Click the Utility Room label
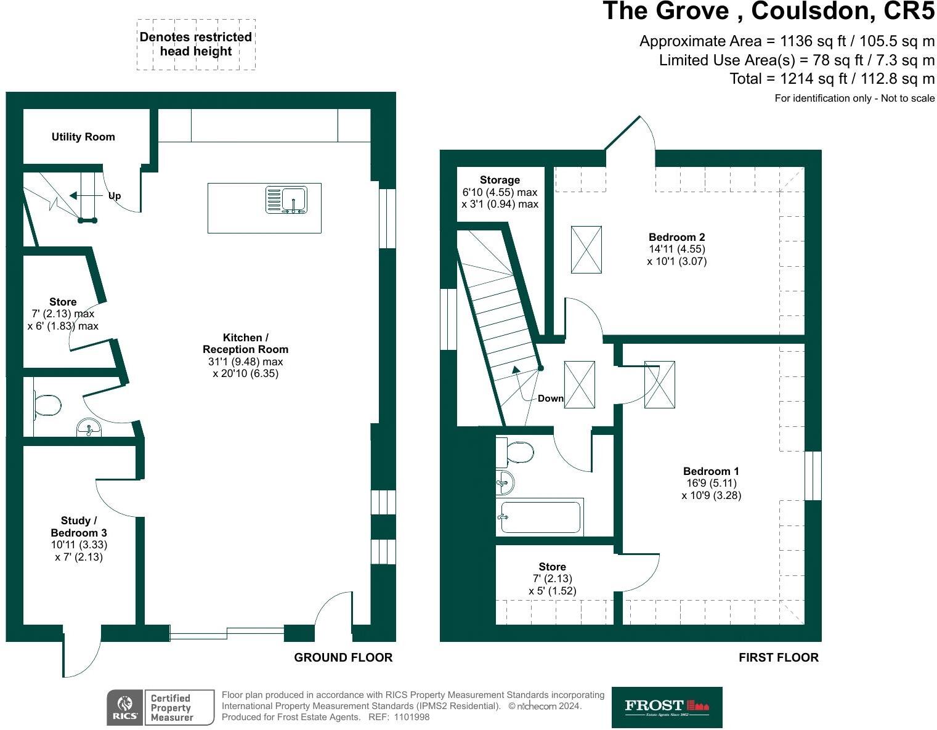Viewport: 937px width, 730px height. click(83, 137)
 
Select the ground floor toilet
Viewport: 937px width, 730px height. click(47, 405)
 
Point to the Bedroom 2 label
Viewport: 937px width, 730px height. click(676, 237)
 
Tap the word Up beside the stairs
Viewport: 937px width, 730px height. click(115, 196)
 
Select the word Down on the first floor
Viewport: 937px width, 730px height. click(550, 399)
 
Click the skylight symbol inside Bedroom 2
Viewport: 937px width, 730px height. click(586, 249)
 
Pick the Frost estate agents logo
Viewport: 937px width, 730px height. click(667, 707)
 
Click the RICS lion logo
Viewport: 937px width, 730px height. click(125, 707)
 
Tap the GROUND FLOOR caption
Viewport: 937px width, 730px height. click(343, 657)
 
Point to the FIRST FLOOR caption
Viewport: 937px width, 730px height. click(779, 658)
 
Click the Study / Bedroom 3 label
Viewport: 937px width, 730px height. click(79, 527)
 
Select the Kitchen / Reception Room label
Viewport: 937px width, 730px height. click(245, 343)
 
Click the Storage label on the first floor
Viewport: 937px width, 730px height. click(500, 180)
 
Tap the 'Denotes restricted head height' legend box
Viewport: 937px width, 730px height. click(196, 44)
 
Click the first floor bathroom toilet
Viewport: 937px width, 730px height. click(519, 453)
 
